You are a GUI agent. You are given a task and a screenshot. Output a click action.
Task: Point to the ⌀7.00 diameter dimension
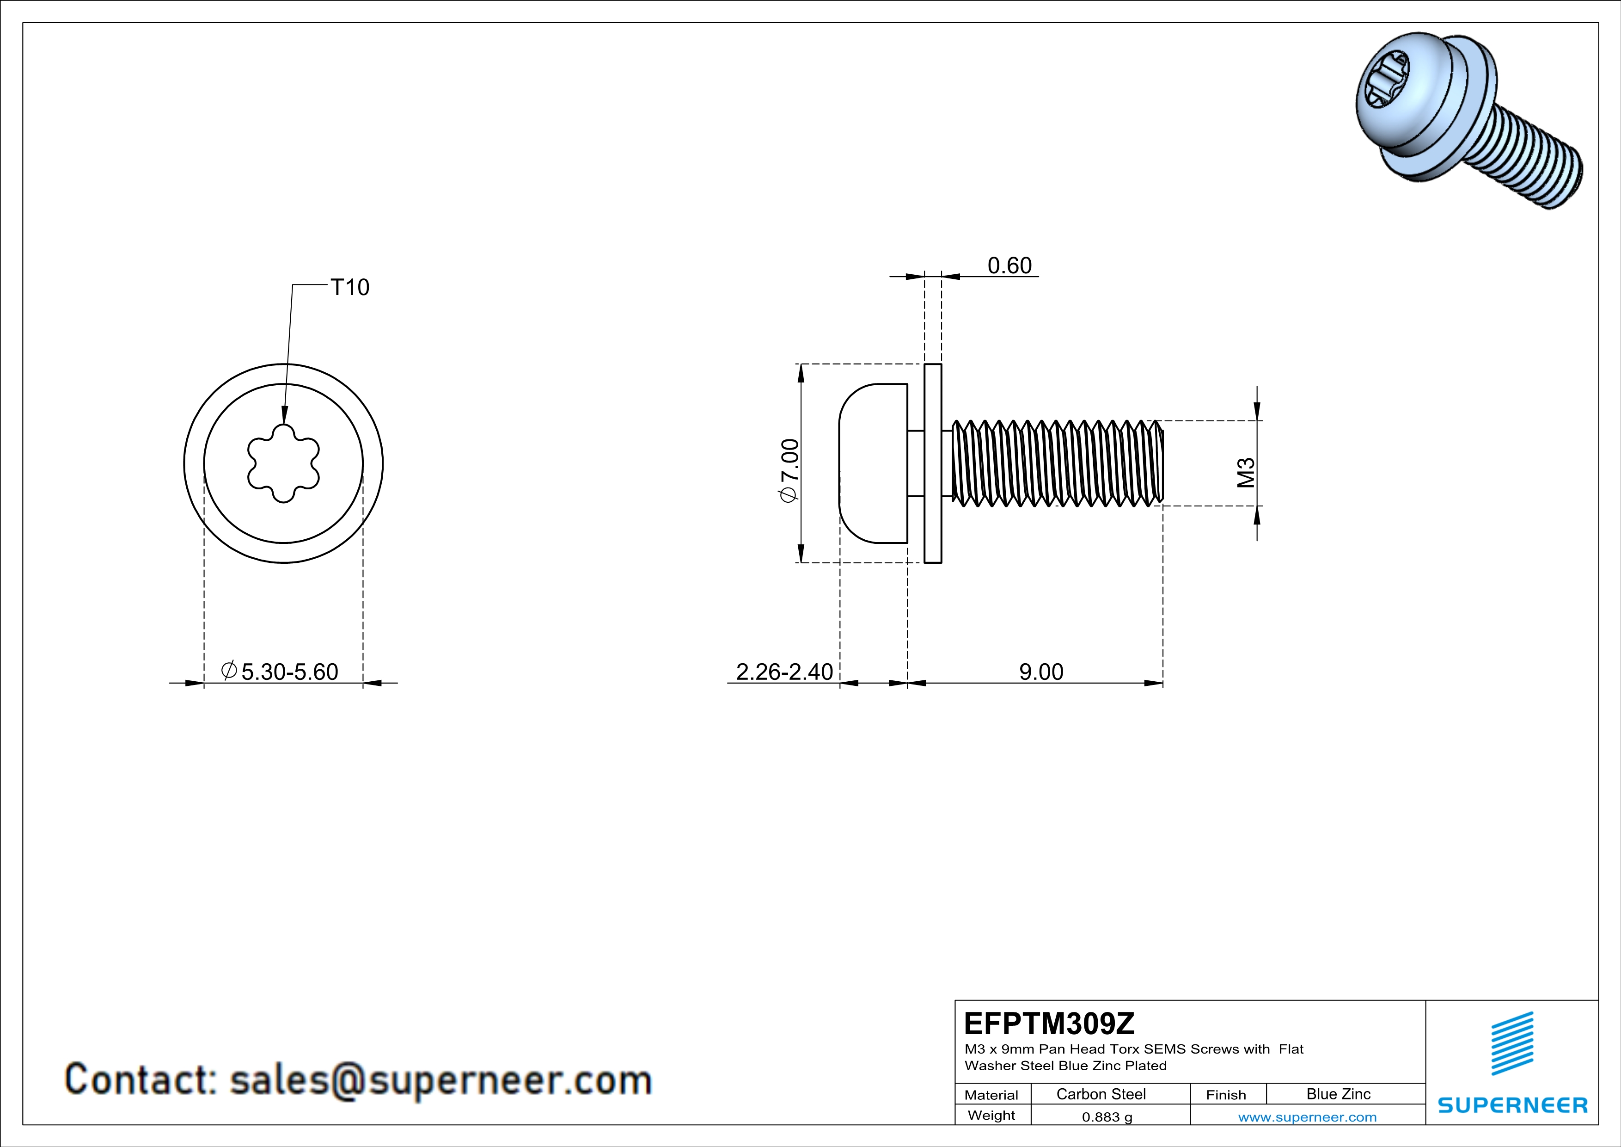tap(789, 470)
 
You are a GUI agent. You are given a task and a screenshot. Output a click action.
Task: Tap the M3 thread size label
tap(1246, 473)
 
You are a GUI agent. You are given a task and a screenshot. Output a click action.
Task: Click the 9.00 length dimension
tap(1040, 672)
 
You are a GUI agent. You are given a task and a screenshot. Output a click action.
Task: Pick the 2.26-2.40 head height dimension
tap(784, 672)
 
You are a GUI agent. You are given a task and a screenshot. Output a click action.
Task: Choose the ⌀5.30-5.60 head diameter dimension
tap(280, 672)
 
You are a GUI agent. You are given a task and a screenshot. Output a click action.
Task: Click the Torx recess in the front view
tap(283, 463)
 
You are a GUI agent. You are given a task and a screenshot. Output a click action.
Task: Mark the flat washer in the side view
tap(933, 463)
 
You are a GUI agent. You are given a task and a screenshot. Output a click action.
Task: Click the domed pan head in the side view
tap(873, 463)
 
